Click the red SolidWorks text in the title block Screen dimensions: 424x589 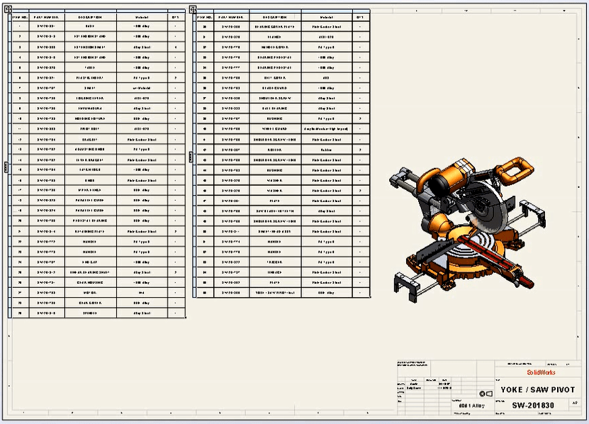click(x=540, y=372)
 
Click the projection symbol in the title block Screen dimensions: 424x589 click(x=486, y=394)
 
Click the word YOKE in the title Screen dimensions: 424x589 click(x=512, y=389)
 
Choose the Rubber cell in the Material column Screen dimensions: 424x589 click(x=326, y=150)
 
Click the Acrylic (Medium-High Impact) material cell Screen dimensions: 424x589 click(x=326, y=129)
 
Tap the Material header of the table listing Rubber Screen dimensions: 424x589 click(x=326, y=16)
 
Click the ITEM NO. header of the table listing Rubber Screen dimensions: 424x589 click(x=204, y=16)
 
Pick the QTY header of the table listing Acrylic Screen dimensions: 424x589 click(x=361, y=16)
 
